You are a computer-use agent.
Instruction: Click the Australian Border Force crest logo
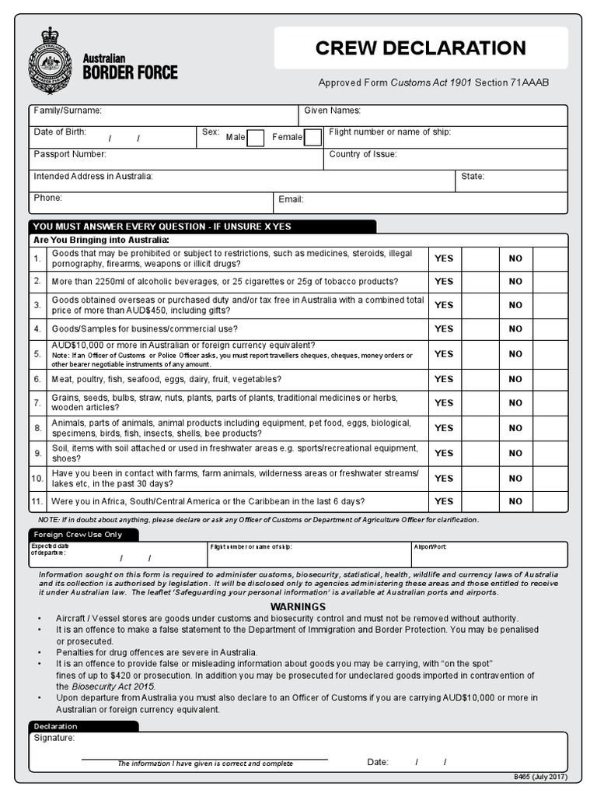50,61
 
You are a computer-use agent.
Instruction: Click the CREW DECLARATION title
421,48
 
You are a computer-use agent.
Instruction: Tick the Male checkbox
255,138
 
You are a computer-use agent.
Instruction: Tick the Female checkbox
312,138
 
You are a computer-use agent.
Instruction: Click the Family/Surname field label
68,111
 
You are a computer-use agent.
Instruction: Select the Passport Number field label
70,155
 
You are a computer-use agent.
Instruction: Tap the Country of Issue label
362,155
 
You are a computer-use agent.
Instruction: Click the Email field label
291,199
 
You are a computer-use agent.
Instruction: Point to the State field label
473,177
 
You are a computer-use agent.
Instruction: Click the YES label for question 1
444,258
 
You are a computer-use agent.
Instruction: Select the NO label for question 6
515,379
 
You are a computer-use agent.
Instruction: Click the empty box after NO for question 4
550,329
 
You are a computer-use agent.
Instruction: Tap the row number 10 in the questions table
37,478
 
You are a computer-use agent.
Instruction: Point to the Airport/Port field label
430,547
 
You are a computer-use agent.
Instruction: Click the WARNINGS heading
298,607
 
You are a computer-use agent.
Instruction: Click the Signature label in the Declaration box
54,738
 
